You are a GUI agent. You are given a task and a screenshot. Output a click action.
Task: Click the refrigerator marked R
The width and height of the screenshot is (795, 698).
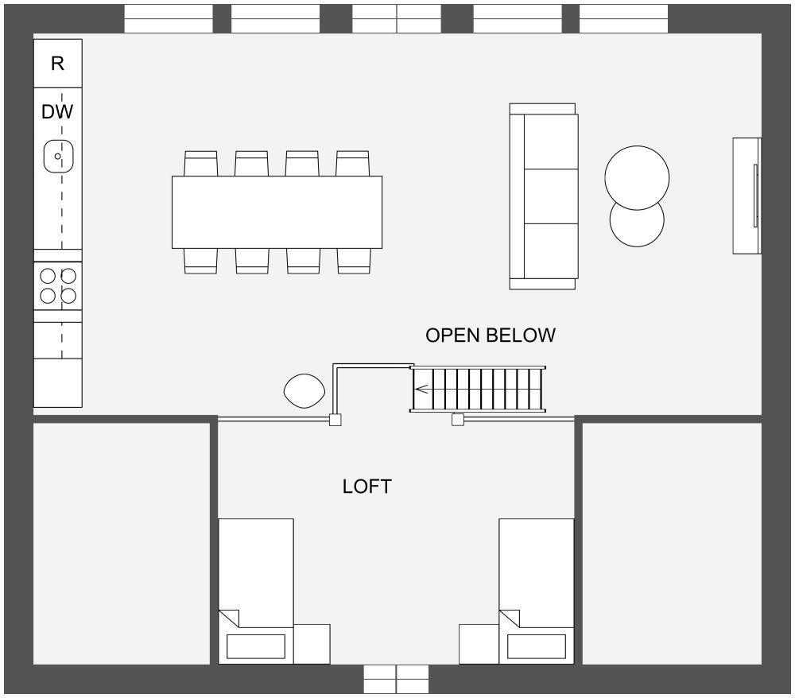(58, 64)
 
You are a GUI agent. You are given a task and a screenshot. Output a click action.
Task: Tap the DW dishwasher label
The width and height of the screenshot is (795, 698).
(57, 112)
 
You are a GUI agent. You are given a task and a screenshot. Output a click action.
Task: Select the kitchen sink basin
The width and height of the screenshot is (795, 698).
(58, 156)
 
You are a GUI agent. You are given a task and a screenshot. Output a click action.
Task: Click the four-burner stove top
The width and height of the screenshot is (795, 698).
(58, 286)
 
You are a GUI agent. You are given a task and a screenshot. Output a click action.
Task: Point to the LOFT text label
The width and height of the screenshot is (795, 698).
(367, 487)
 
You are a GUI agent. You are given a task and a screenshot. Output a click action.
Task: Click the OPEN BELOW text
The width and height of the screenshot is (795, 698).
(491, 335)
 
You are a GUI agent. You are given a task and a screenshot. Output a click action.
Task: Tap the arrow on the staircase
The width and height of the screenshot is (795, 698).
(421, 390)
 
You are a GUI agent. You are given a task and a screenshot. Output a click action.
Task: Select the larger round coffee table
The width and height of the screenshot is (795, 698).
(637, 178)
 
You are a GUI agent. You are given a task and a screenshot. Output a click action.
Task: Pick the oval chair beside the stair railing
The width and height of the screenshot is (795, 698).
(304, 391)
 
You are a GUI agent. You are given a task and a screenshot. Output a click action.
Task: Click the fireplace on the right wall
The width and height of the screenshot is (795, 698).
(747, 196)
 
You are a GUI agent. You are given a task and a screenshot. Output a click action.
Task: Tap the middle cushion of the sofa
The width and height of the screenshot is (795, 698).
(551, 196)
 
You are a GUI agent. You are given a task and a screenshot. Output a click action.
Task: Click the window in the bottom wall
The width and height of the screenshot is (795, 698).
(397, 679)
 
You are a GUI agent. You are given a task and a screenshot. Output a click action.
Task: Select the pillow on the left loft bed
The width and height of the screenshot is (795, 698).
(256, 646)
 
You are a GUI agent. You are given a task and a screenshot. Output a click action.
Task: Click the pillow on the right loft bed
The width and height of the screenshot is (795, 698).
(537, 646)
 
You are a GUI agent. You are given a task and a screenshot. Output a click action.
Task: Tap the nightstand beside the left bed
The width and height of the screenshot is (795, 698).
(312, 644)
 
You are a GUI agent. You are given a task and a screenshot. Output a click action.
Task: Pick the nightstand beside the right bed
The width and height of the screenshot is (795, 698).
(479, 644)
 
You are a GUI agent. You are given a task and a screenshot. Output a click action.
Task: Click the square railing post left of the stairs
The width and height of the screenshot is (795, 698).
(335, 420)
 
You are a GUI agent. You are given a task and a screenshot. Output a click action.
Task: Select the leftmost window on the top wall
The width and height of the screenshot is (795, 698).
(169, 19)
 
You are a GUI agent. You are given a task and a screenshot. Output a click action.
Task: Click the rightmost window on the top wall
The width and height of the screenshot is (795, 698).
(623, 19)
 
